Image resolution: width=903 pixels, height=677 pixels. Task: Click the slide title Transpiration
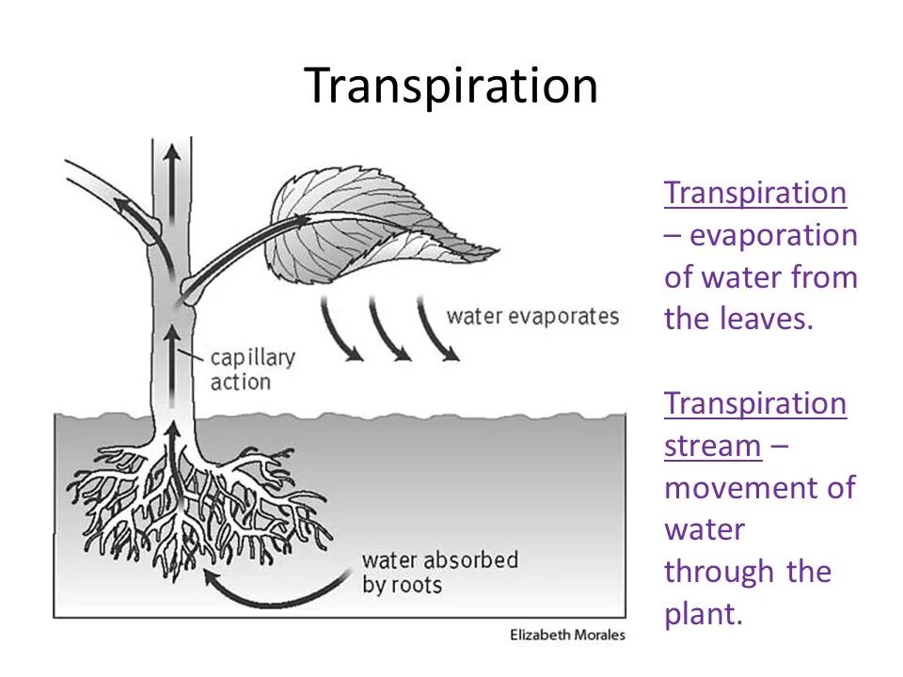(451, 87)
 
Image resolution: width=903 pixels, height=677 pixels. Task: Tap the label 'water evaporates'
(532, 316)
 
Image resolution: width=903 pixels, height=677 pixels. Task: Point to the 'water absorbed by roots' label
(439, 572)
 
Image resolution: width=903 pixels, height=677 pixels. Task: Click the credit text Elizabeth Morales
(567, 635)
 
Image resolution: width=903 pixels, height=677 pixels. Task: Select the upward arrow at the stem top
(172, 169)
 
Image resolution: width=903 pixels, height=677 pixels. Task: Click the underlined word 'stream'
(712, 446)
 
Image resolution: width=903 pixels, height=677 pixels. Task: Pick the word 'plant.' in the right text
(704, 615)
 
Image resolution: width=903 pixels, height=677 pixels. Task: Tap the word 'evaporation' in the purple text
(773, 235)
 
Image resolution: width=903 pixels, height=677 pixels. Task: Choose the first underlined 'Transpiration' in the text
(755, 193)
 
